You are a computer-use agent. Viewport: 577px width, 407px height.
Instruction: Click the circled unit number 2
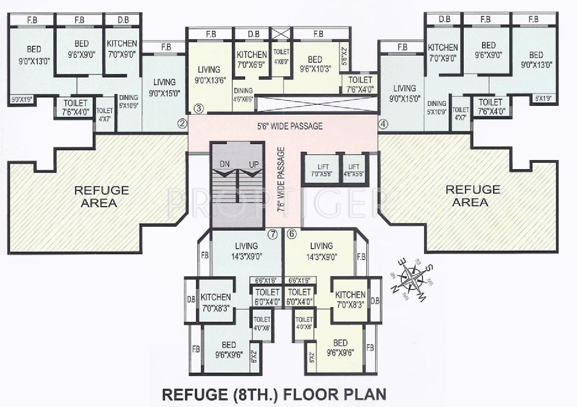click(x=182, y=123)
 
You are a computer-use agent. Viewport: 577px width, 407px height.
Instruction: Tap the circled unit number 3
click(x=198, y=108)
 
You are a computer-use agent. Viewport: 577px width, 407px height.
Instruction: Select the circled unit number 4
click(x=382, y=125)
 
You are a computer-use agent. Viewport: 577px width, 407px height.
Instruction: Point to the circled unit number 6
click(x=292, y=234)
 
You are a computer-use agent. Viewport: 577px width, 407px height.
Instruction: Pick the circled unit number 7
click(x=272, y=234)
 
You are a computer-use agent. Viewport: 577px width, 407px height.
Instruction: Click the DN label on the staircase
click(x=225, y=164)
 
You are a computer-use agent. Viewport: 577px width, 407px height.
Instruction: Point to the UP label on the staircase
click(x=254, y=164)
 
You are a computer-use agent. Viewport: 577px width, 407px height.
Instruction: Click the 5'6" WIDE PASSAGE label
click(x=290, y=126)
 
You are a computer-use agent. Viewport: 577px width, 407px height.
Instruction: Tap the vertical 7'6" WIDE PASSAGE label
click(x=281, y=179)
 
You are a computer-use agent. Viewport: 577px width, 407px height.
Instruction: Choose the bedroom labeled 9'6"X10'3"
click(x=315, y=64)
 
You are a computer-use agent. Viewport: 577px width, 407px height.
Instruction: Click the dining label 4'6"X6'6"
click(x=243, y=94)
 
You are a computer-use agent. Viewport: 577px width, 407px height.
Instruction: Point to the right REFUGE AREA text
click(x=472, y=196)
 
